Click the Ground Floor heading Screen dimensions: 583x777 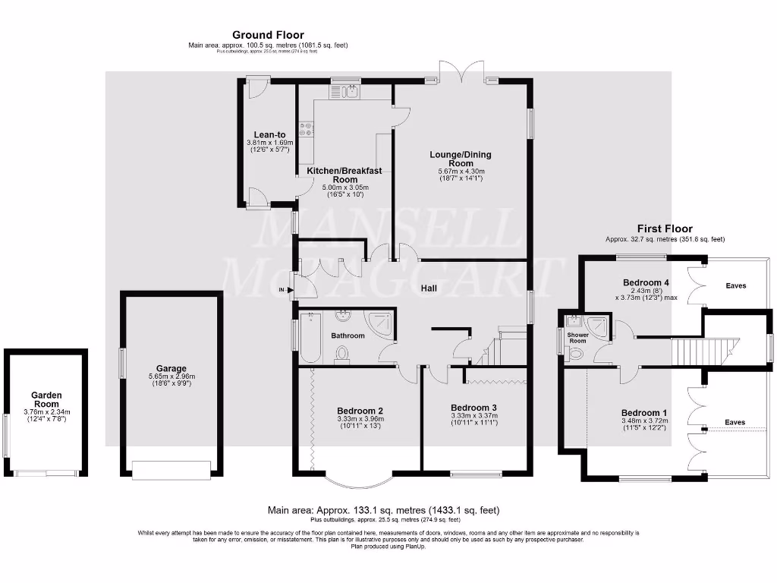click(x=268, y=35)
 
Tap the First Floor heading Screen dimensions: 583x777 click(x=665, y=228)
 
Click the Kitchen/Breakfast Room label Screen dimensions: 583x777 click(x=344, y=175)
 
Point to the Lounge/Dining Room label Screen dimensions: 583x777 click(x=461, y=159)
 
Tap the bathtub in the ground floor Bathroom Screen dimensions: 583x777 click(x=310, y=338)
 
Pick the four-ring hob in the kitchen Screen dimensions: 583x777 click(x=307, y=130)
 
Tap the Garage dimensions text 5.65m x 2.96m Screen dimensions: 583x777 click(x=171, y=377)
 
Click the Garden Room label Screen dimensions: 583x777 click(x=46, y=400)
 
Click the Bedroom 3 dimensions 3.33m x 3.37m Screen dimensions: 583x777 click(x=474, y=418)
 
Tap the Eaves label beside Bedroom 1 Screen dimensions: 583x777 click(x=735, y=422)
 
